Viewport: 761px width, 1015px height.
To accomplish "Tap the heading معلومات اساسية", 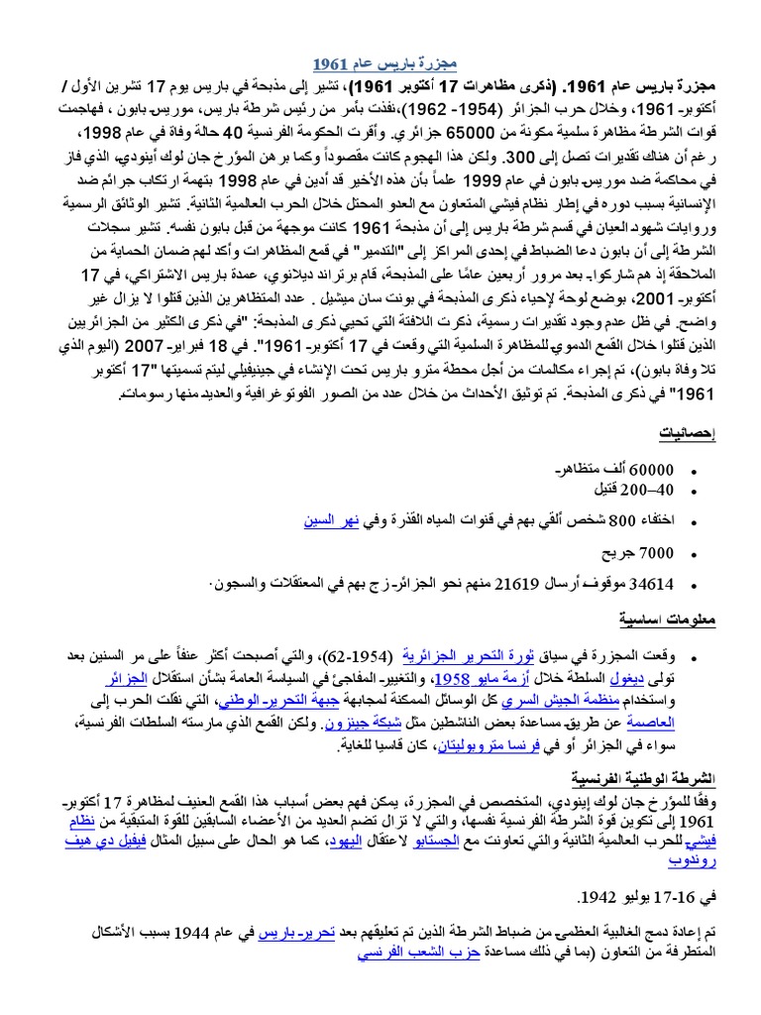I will coord(681,620).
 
